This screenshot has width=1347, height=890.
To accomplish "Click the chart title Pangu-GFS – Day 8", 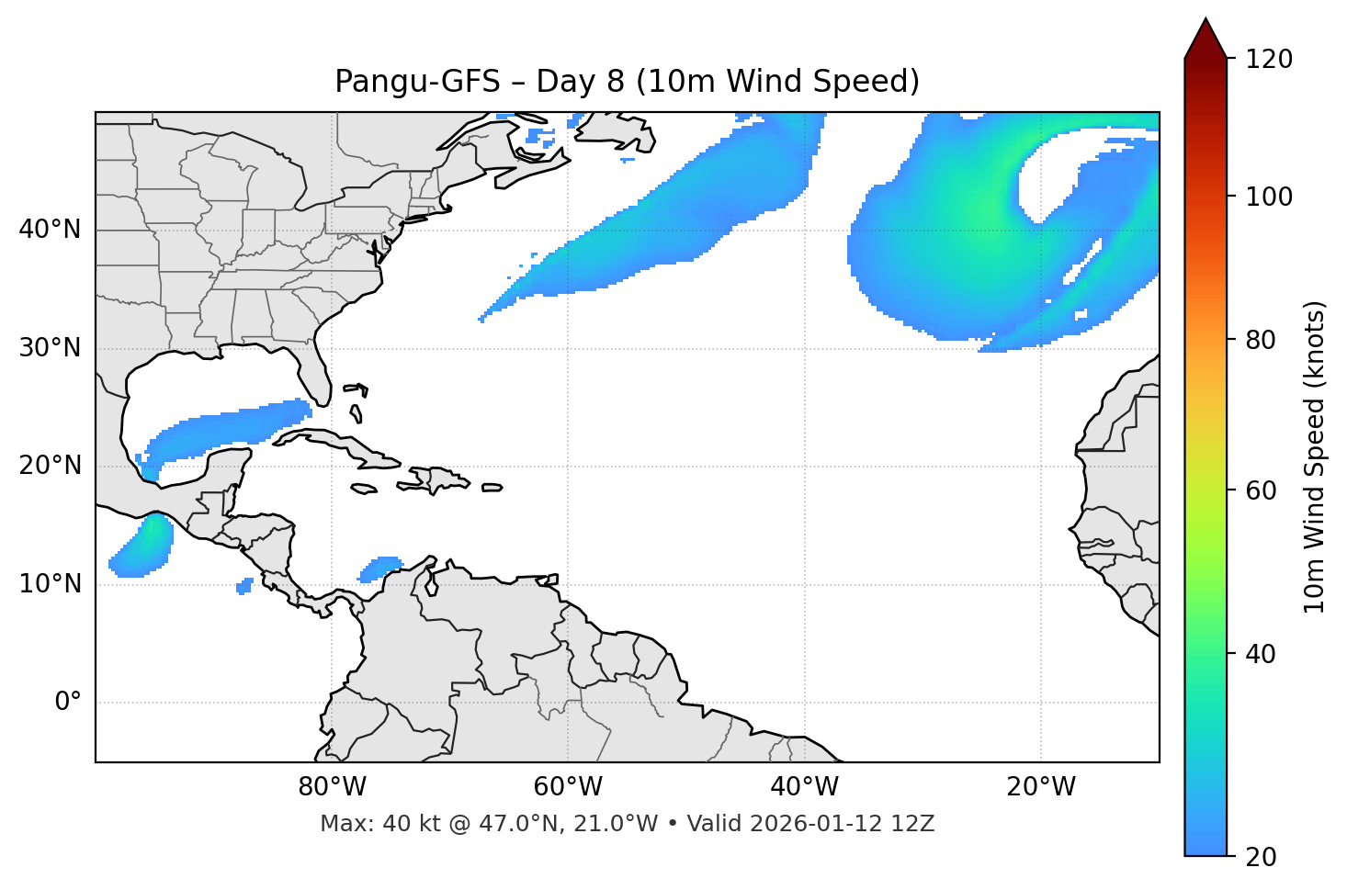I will (627, 82).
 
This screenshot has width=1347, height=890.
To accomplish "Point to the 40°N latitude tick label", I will (50, 230).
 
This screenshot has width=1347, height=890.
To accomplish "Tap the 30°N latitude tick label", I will (50, 348).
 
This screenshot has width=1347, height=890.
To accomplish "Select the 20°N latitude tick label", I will (50, 466).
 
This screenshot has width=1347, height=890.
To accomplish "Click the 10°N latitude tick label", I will (50, 584).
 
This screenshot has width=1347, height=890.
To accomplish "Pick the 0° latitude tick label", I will (68, 703).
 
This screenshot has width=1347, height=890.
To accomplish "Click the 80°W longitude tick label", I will (332, 787).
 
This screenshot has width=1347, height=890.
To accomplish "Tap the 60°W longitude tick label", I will (568, 787).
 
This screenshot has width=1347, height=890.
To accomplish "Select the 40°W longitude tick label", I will (804, 787).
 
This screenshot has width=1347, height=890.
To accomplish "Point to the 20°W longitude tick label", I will (1041, 787).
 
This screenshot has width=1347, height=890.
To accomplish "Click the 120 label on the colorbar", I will (1269, 60).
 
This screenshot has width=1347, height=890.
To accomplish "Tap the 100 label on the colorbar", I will (1269, 197).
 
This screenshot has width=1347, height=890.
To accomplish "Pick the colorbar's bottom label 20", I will (1261, 857).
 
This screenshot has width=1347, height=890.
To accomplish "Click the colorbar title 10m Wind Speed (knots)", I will (1315, 456).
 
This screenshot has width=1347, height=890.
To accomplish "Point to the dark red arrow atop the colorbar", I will (1206, 39).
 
